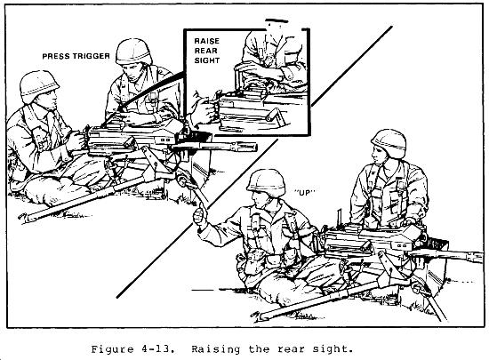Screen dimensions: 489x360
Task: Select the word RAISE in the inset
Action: click(207, 41)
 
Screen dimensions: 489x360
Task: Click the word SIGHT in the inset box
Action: click(207, 60)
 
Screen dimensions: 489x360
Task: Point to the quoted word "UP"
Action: click(305, 192)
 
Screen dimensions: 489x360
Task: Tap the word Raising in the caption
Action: click(215, 349)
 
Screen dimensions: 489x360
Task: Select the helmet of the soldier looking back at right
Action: click(389, 142)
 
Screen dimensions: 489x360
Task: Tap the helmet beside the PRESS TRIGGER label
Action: click(133, 52)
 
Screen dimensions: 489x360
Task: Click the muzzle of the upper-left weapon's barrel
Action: click(253, 147)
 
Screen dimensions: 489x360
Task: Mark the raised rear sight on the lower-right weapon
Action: click(340, 217)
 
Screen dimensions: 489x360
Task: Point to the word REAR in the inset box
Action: click(206, 51)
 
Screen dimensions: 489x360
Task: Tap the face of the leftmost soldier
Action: click(50, 100)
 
